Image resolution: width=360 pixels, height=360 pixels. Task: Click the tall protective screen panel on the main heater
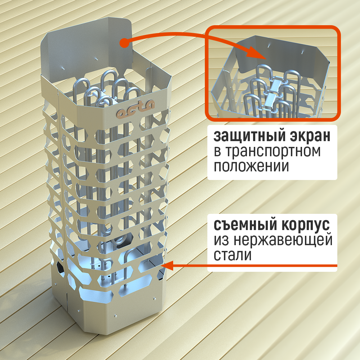(86, 50)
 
